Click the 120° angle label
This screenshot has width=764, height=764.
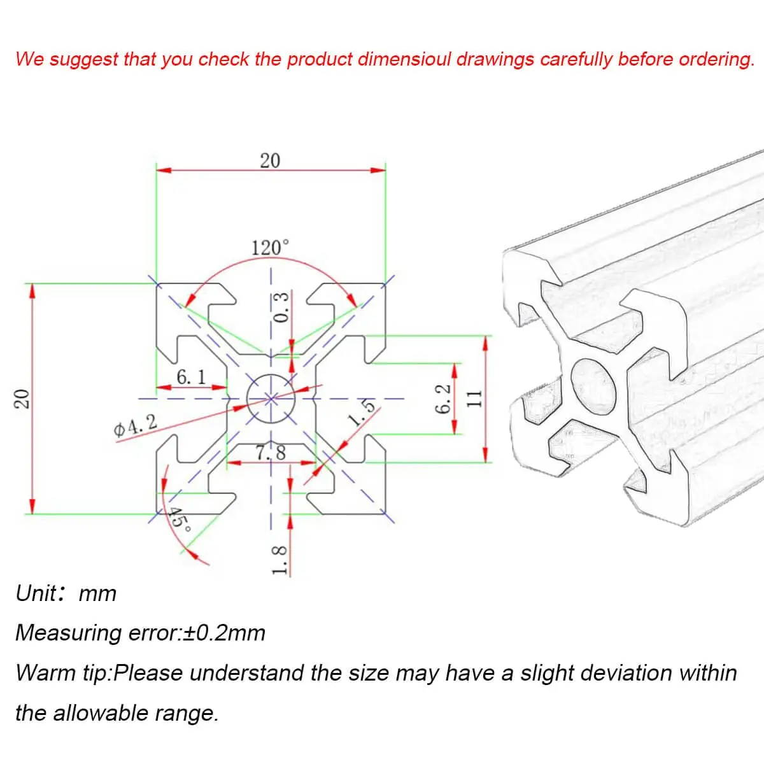coord(271,248)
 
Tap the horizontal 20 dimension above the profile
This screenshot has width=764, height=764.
coord(270,161)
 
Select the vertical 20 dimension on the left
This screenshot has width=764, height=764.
coord(22,399)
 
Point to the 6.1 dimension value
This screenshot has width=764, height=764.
coord(191,377)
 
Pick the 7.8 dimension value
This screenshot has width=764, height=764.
coord(271,453)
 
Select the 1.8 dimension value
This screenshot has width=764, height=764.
coord(279,560)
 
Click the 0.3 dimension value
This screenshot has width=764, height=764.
coord(281,308)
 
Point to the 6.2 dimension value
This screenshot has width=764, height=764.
coord(443,399)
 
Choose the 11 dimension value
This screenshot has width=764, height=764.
coord(474,399)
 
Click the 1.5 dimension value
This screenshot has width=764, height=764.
coord(361,413)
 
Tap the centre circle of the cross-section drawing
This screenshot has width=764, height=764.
coord(271,399)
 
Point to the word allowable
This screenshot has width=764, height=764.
coord(101,713)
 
